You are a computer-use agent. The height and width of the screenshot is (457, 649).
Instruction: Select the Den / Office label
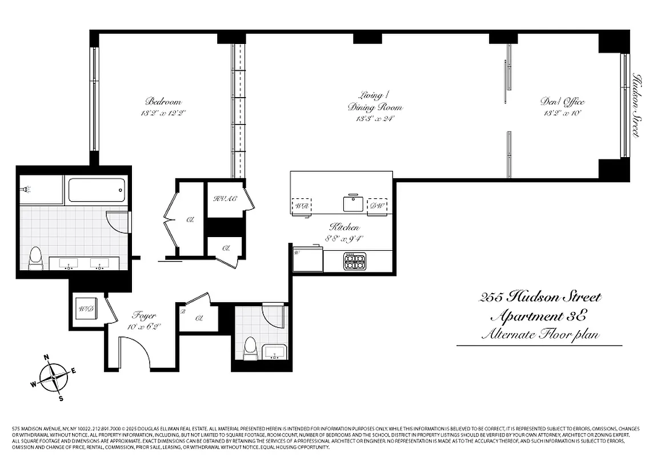[x=562, y=102]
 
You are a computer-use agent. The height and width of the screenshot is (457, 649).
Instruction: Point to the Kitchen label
[x=344, y=227]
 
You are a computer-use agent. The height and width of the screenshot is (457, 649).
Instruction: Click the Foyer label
[x=144, y=315]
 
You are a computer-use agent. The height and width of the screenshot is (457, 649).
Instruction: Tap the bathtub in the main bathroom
[x=97, y=190]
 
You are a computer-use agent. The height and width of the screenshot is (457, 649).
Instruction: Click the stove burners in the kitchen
[x=354, y=261]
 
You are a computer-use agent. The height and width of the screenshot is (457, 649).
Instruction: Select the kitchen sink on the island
[x=353, y=203]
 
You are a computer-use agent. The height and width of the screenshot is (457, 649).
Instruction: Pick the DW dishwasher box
[x=376, y=206]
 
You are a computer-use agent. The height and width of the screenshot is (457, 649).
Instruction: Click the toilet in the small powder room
[x=250, y=348]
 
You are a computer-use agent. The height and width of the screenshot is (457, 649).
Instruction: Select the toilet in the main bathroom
[x=35, y=258]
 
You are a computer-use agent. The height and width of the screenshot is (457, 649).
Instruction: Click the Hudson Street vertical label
[x=635, y=105]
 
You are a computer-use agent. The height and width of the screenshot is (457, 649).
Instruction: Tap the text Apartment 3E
[x=539, y=315]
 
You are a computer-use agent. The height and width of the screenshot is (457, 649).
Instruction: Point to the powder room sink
[x=275, y=351]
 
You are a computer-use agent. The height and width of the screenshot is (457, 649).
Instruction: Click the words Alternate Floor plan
[x=540, y=334]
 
